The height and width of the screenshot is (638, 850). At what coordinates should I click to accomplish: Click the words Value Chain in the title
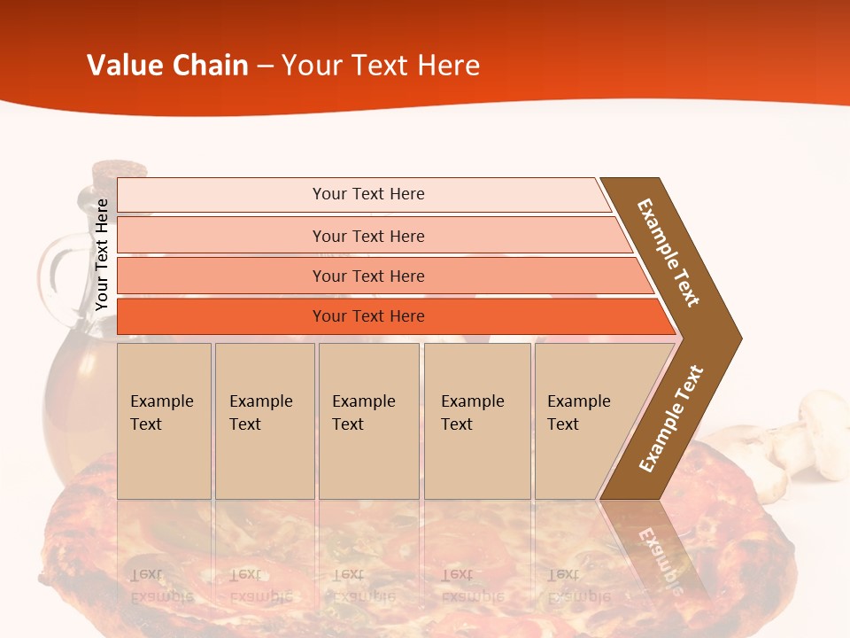(x=167, y=66)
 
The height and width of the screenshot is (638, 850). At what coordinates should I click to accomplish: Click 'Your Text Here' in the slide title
(x=381, y=66)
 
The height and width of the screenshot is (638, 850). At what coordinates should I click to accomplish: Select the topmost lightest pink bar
(x=363, y=194)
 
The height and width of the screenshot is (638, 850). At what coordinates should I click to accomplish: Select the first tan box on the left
(x=164, y=421)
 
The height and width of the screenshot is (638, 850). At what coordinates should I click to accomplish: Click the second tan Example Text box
(x=264, y=421)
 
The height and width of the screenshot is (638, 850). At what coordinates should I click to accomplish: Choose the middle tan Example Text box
(x=368, y=421)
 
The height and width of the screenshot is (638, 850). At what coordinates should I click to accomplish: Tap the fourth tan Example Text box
(x=476, y=421)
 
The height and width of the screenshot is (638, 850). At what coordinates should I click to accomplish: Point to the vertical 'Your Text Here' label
(x=102, y=255)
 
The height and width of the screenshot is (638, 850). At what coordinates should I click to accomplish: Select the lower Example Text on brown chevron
(x=670, y=419)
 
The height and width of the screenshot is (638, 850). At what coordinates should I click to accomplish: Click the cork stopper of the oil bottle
(x=119, y=169)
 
